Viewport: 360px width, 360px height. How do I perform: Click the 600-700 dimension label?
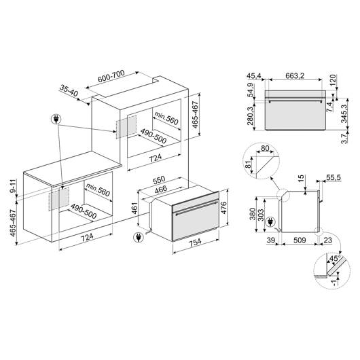point(111,76)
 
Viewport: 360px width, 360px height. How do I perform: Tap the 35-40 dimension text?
point(69,90)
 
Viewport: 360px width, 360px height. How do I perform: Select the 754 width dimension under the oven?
point(195,242)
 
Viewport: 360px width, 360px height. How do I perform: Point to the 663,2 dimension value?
point(295,75)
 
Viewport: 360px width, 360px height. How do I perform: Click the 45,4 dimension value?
point(254,75)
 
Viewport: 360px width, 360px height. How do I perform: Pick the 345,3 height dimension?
point(344,113)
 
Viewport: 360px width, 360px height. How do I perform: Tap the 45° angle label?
point(335,258)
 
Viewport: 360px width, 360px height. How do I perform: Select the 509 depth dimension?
point(300,240)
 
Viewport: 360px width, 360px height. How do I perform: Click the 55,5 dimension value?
point(334,177)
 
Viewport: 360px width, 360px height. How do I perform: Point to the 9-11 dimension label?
point(14,186)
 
